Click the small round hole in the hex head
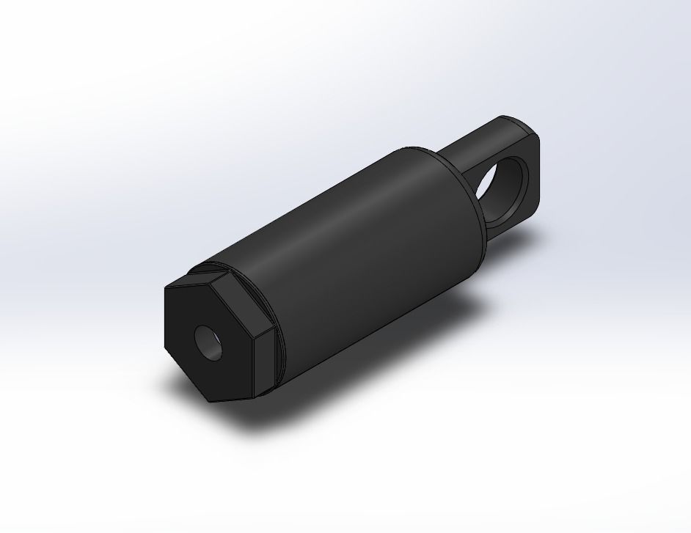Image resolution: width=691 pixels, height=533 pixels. coord(209,342)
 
